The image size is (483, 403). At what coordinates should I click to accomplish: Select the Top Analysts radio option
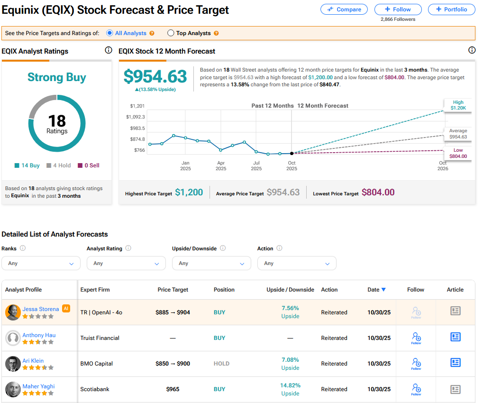tap(171, 33)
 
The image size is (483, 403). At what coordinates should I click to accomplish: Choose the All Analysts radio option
tap(109, 33)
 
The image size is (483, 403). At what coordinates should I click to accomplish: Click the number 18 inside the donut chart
tap(57, 121)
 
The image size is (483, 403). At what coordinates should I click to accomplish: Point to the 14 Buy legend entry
tap(27, 165)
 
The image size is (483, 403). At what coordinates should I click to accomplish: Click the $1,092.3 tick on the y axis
tap(136, 117)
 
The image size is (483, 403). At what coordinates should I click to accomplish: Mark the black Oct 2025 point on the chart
tap(292, 153)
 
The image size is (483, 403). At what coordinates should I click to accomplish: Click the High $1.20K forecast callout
tap(458, 105)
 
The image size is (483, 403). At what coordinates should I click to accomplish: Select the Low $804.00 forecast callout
tap(458, 153)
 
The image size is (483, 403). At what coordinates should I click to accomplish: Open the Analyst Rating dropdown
tap(126, 263)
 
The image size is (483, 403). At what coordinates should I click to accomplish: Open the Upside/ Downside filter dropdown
tap(211, 263)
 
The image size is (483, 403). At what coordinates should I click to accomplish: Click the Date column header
tap(376, 290)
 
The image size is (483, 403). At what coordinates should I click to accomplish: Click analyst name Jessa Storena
tap(41, 309)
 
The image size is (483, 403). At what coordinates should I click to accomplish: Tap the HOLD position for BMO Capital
tap(221, 364)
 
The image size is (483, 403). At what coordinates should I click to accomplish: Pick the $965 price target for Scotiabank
tap(173, 389)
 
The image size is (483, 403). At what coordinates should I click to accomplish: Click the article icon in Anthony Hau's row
tap(455, 337)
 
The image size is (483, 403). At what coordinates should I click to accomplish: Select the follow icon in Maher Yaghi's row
tap(416, 389)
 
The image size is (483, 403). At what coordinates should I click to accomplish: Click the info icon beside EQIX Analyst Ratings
tap(108, 51)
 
